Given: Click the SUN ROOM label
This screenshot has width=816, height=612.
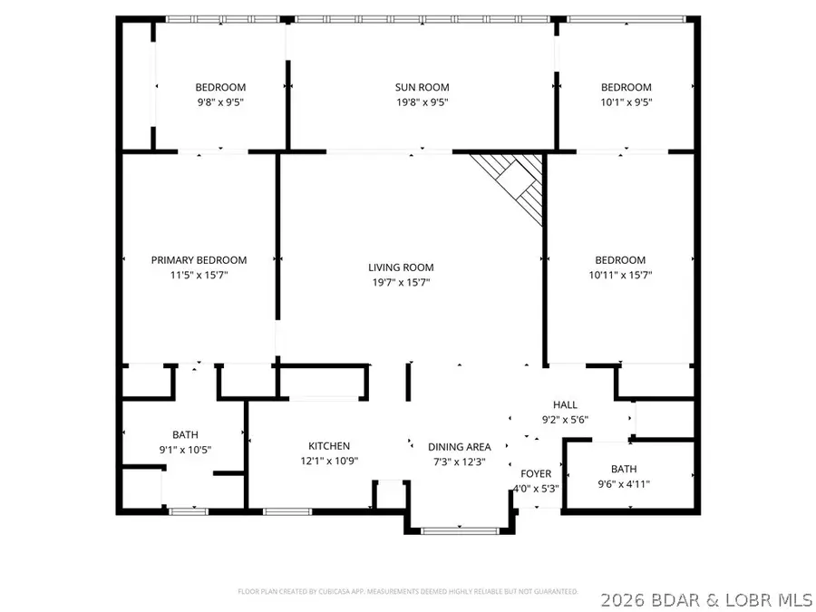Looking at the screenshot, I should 420,87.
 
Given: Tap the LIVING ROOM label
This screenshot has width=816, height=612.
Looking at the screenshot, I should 401,267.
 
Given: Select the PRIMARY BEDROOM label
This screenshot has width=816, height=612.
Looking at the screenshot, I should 199,260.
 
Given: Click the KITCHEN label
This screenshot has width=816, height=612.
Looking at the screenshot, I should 329,446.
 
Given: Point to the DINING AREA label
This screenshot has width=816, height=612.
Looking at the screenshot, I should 460,447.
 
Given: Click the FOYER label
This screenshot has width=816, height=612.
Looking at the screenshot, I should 535,473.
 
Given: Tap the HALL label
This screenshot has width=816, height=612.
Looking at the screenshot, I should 565,404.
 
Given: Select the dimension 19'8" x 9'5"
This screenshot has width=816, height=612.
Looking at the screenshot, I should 420,102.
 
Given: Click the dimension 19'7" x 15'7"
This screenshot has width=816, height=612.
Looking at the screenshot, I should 401,283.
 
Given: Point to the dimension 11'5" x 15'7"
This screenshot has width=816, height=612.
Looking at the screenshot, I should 199,275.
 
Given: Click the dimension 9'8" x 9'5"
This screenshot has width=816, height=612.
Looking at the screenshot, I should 219,102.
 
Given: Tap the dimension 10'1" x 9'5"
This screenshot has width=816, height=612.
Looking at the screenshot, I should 626,102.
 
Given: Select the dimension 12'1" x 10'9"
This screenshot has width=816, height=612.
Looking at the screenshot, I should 329,461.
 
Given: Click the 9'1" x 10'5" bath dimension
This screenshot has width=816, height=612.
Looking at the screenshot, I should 185,450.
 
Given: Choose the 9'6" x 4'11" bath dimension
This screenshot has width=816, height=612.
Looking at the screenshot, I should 624,483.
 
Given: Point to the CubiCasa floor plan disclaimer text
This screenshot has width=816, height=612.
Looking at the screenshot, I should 408,591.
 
